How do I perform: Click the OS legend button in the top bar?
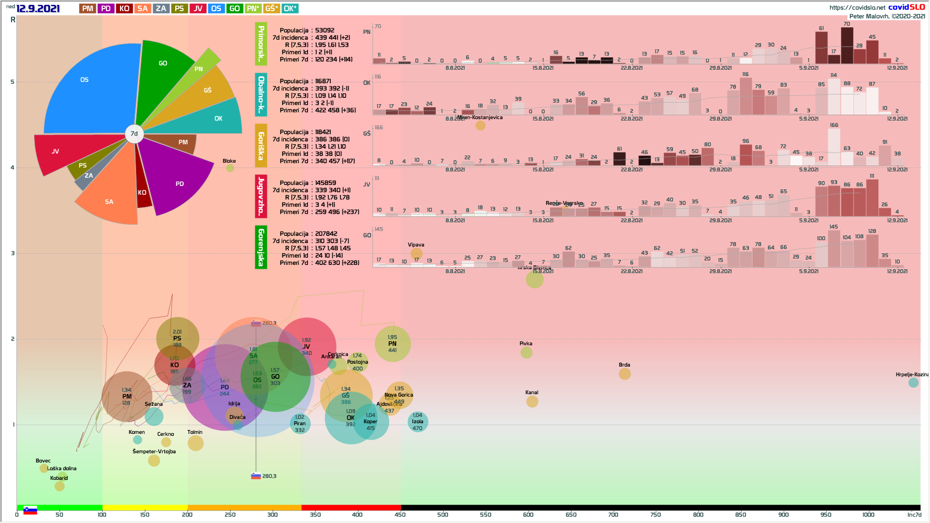[216, 8]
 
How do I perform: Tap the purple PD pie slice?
[177, 182]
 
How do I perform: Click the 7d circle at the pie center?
[134, 134]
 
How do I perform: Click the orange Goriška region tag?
[261, 145]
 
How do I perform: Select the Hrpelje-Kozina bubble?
[913, 383]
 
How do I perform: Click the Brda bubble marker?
[624, 374]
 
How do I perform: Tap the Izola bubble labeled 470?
[418, 422]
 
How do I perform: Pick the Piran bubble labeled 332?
[300, 424]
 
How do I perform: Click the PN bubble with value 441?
[392, 344]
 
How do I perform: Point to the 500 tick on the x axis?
[443, 514]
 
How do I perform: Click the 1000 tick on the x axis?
[868, 514]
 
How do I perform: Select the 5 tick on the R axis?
[13, 82]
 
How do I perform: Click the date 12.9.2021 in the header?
[38, 9]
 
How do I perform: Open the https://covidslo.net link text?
[857, 7]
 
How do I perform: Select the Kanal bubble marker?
[532, 401]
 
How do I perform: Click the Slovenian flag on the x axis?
[30, 510]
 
